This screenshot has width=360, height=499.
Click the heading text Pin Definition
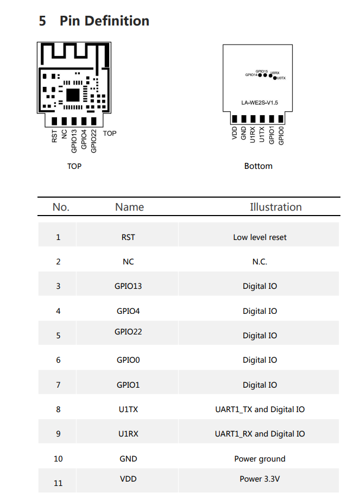tap(104, 21)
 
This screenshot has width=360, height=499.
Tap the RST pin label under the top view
tap(54, 136)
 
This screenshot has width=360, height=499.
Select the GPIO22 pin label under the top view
tap(93, 141)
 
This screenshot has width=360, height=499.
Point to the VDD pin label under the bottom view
tap(235, 133)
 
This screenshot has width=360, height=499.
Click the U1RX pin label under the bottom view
tap(252, 135)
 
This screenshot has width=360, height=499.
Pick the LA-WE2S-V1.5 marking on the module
tap(260, 103)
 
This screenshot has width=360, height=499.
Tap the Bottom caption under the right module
tap(258, 166)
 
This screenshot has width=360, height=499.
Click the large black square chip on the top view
tap(73, 95)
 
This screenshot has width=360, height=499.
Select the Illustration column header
tap(276, 207)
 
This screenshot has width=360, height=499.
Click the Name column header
tap(130, 207)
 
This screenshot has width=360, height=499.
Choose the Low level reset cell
tap(260, 237)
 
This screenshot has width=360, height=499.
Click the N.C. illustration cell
tap(260, 262)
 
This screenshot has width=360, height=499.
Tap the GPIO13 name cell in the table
tap(128, 286)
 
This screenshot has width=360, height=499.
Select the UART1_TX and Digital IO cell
tap(260, 409)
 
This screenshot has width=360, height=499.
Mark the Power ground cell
tap(260, 459)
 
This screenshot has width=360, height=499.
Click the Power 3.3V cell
tap(260, 479)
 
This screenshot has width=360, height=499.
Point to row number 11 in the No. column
tap(58, 483)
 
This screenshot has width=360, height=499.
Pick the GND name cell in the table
tap(128, 459)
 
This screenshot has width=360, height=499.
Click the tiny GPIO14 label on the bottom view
tap(251, 75)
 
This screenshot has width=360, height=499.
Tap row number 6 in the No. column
tap(58, 360)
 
